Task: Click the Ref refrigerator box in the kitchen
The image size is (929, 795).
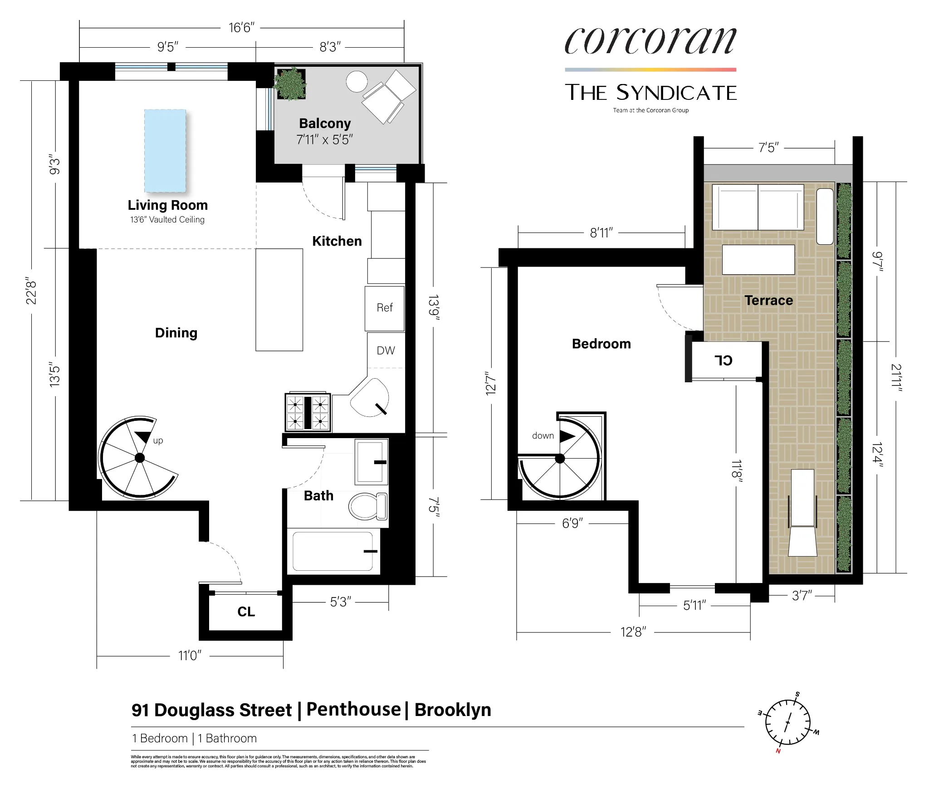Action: point(384,308)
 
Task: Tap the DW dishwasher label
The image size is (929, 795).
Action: point(386,351)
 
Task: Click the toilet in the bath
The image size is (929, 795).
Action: point(368,506)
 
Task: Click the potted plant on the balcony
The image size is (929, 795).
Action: point(290,84)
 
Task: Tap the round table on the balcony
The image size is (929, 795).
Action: point(357,82)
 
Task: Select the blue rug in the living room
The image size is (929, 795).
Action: point(165,151)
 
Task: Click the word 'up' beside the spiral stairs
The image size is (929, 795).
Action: point(158,440)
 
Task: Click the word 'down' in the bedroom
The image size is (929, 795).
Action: point(543,436)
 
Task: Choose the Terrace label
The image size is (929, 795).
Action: point(768,301)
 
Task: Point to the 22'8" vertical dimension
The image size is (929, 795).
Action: point(31,291)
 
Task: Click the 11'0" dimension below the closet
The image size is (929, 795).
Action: point(190,656)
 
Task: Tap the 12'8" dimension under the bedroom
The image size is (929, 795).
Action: point(633,632)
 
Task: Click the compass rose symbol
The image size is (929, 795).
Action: point(788,722)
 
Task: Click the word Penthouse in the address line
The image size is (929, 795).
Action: point(353,709)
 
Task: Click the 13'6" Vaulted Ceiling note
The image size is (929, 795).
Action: point(167,220)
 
